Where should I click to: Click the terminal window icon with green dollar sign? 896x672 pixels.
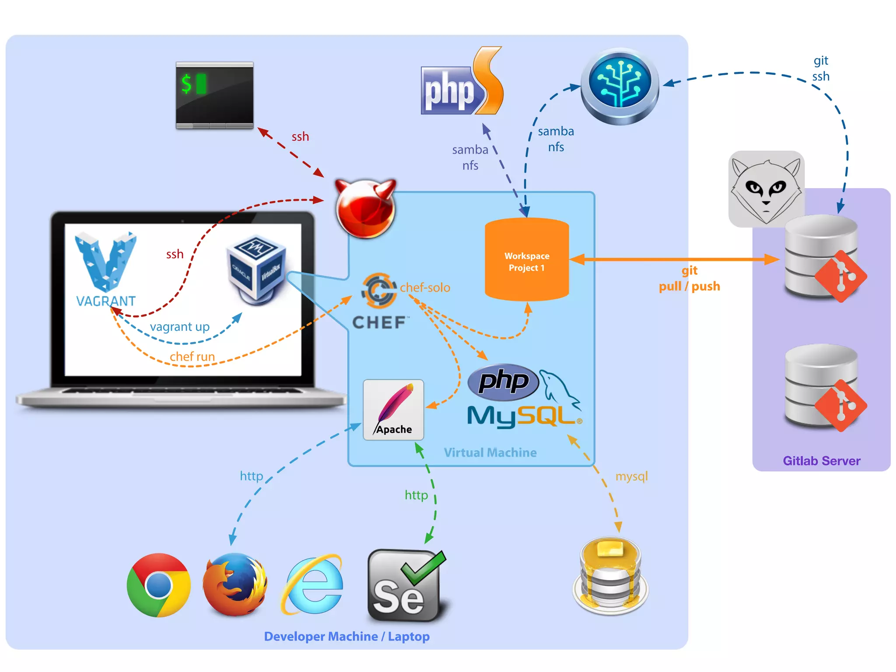pyautogui.click(x=214, y=95)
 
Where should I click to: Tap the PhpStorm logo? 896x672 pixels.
pyautogui.click(x=462, y=83)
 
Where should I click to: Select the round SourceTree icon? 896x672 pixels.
pyautogui.click(x=619, y=86)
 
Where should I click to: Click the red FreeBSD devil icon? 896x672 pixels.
pyautogui.click(x=365, y=209)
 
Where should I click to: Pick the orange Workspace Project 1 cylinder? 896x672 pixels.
pyautogui.click(x=527, y=260)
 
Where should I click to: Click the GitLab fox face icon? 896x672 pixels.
pyautogui.click(x=766, y=189)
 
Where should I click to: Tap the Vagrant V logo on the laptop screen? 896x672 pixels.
pyautogui.click(x=105, y=262)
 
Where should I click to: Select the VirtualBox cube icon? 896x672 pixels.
pyautogui.click(x=257, y=269)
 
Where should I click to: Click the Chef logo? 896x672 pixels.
pyautogui.click(x=379, y=302)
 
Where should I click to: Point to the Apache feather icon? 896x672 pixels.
pyautogui.click(x=393, y=409)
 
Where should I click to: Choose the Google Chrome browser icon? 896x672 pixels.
pyautogui.click(x=159, y=585)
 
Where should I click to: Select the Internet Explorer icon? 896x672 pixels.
pyautogui.click(x=312, y=585)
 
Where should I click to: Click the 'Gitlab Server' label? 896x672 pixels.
pyautogui.click(x=821, y=461)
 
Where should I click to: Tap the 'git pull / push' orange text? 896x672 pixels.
pyautogui.click(x=689, y=279)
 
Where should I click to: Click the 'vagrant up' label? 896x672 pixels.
pyautogui.click(x=179, y=327)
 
